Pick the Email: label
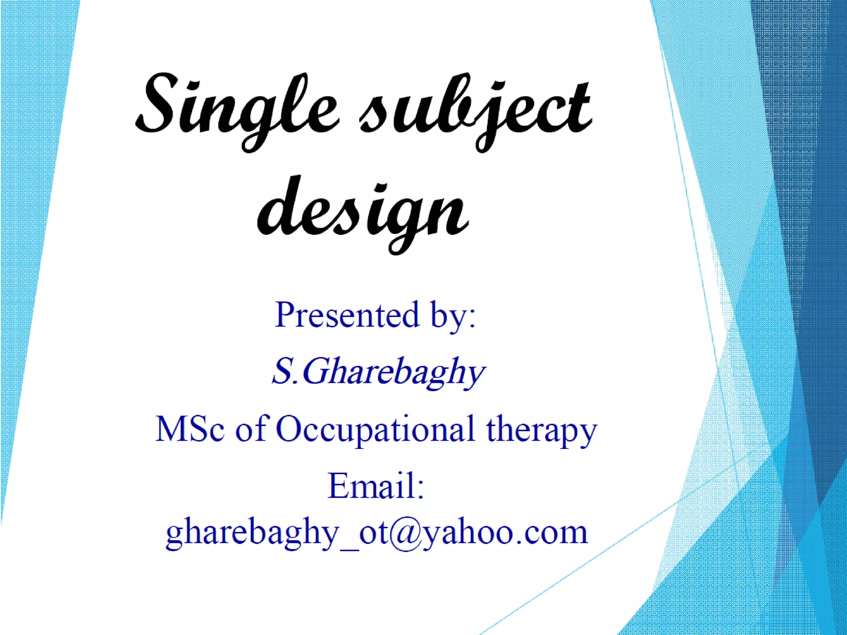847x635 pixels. pos(376,486)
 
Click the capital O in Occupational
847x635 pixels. pos(292,429)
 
